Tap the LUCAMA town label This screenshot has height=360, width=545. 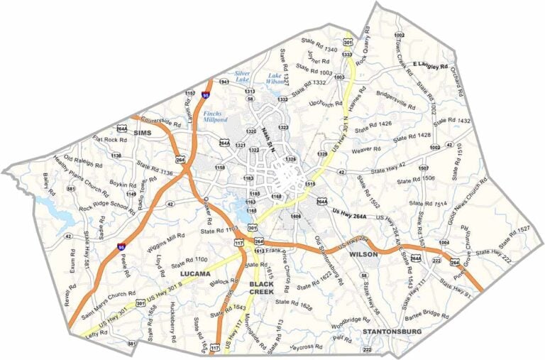tap(195, 273)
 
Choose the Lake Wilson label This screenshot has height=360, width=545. tap(275, 78)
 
